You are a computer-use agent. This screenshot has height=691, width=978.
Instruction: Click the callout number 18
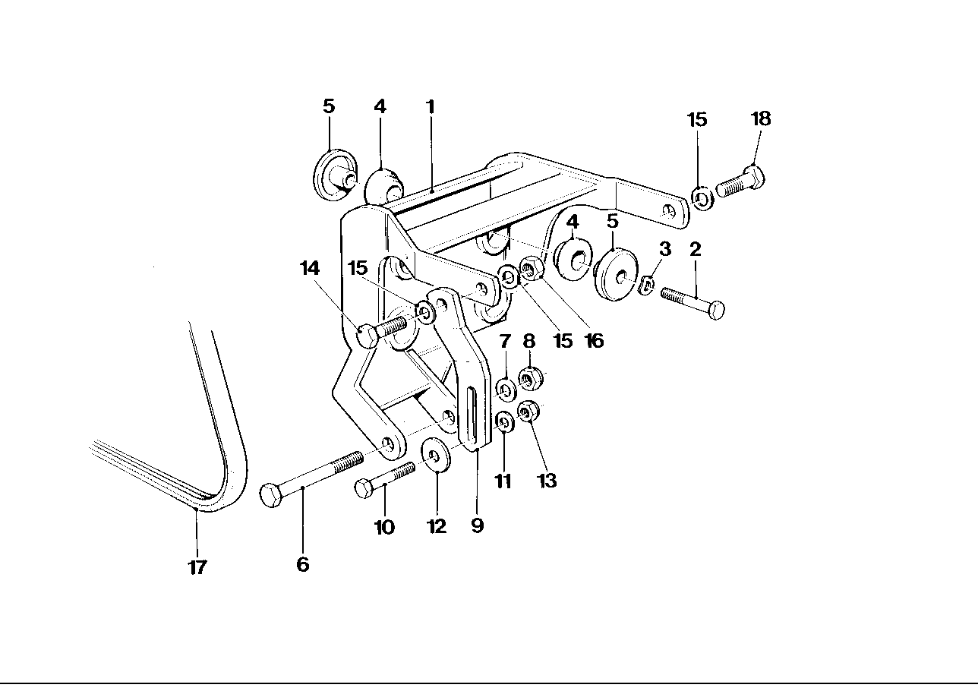point(761,118)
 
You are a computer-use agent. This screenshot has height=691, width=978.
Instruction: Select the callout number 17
point(197,567)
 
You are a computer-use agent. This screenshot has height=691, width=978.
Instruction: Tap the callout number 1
point(431,107)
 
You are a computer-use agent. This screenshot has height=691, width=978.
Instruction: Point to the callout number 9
point(477,525)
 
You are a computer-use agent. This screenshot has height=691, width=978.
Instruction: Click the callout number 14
point(310,268)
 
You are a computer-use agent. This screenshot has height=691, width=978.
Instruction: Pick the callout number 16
point(595,341)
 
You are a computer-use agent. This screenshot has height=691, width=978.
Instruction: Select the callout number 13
point(547,481)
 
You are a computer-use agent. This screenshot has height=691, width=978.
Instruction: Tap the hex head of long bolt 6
point(271,494)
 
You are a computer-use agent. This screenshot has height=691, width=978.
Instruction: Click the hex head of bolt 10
point(363,488)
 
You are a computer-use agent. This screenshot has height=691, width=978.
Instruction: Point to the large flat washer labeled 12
point(435,454)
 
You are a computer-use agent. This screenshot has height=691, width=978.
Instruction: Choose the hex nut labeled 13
point(527,412)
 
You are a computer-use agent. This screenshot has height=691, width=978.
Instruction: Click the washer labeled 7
point(506,390)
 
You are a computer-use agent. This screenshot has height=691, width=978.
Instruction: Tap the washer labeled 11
point(505,421)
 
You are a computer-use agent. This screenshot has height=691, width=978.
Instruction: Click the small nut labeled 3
point(648,285)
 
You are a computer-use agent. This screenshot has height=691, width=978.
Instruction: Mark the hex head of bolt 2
point(716,310)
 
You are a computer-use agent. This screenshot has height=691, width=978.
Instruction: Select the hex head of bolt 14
point(367,336)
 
